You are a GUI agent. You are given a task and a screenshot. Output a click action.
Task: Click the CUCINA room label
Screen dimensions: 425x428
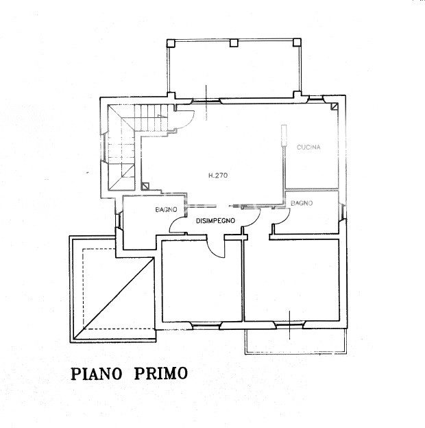308,147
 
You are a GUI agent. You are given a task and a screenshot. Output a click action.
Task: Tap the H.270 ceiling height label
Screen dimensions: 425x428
218,176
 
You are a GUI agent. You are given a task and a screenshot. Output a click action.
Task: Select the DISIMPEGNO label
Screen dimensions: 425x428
215,221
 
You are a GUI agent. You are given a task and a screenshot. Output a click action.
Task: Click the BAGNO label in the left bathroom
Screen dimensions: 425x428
166,210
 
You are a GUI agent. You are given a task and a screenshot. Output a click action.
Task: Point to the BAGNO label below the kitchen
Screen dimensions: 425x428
302,203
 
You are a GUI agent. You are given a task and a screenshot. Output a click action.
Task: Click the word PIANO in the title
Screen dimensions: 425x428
96,373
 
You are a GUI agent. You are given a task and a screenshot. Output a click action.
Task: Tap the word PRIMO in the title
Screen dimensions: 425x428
161,373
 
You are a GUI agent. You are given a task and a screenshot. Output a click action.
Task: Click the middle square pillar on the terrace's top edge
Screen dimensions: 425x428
234,43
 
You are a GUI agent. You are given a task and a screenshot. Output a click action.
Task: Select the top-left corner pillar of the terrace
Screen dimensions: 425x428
171,43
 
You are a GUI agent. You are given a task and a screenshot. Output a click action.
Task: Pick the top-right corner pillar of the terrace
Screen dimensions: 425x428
297,43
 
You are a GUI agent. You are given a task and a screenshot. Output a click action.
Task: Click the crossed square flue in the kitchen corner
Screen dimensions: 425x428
335,106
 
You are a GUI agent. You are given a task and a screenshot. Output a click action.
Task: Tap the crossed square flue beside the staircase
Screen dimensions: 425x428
145,186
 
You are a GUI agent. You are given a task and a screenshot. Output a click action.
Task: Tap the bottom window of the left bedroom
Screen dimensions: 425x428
206,325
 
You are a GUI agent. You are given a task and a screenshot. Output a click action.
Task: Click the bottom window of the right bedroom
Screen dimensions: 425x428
289,324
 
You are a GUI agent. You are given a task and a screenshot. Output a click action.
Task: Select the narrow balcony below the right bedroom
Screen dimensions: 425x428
295,341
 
